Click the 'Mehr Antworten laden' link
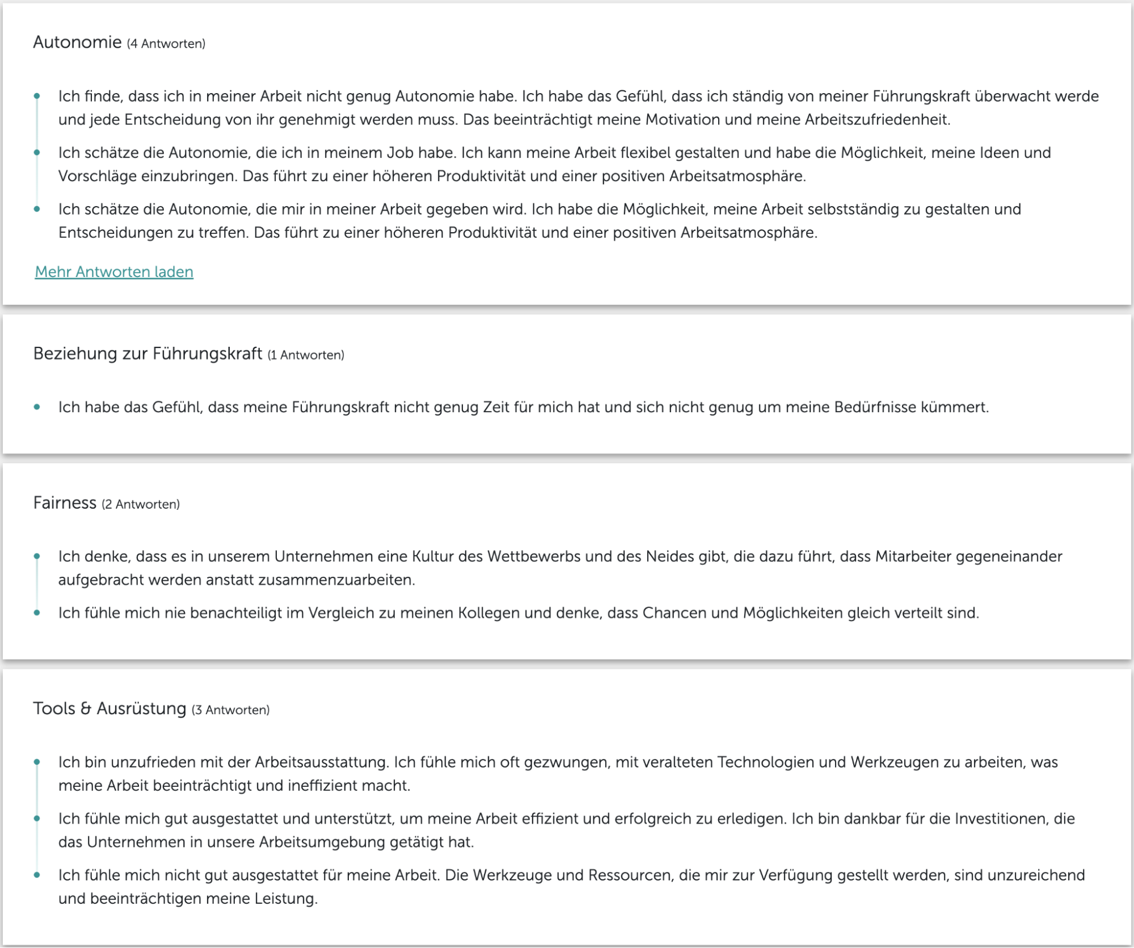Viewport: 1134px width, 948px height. [114, 272]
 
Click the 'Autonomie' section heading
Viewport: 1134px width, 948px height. [77, 43]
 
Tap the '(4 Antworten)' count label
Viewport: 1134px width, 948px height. [166, 44]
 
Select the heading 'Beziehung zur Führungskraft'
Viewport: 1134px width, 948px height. [147, 354]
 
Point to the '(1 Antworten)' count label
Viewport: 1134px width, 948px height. [306, 355]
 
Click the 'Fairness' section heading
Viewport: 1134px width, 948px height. [65, 503]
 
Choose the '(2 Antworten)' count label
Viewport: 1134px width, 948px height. [141, 505]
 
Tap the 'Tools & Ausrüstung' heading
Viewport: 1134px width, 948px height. [109, 708]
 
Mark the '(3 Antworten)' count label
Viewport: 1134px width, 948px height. [230, 710]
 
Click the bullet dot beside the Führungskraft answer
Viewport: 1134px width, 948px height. [37, 407]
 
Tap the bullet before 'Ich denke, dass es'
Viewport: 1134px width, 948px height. [37, 556]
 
